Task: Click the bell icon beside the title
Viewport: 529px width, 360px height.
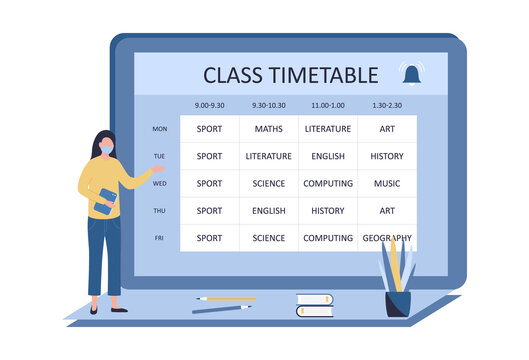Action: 411,74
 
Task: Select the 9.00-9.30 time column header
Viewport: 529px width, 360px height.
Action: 210,105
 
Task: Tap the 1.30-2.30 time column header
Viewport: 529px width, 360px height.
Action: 387,105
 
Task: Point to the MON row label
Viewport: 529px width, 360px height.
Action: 160,129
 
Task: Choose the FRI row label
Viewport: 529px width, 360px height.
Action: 160,238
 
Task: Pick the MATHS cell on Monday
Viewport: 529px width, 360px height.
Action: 268,129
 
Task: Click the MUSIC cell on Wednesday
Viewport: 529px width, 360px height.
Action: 387,184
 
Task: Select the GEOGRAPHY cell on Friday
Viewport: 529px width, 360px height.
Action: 387,238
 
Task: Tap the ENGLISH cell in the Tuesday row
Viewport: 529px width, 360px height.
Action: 328,156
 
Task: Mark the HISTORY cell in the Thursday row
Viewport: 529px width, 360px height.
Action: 328,211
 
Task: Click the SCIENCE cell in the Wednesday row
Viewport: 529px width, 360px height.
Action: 268,184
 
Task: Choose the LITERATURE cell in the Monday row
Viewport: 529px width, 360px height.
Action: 328,129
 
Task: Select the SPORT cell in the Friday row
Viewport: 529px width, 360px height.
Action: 210,238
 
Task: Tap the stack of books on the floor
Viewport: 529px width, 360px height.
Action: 314,305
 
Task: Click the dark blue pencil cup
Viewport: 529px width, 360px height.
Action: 398,303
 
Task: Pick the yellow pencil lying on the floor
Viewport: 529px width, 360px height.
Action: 226,298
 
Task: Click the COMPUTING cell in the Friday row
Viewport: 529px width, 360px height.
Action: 328,238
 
